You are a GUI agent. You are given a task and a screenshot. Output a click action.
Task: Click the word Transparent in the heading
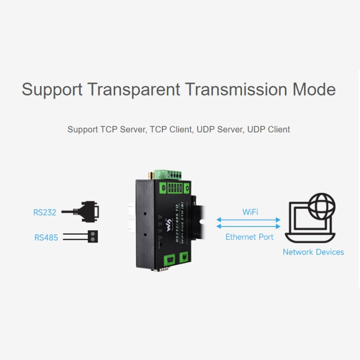click(x=134, y=90)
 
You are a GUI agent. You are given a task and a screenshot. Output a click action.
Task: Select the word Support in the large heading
click(x=51, y=90)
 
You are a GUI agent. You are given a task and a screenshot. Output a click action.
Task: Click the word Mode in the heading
click(x=312, y=90)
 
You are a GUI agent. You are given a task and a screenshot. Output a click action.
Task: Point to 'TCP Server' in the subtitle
click(x=122, y=129)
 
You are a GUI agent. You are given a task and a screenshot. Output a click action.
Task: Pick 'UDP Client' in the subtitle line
click(x=268, y=129)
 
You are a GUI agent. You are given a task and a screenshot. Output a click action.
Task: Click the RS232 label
click(x=45, y=212)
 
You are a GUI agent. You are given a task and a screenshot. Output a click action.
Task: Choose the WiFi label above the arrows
click(x=250, y=212)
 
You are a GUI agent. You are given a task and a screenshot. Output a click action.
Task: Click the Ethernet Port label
click(x=250, y=237)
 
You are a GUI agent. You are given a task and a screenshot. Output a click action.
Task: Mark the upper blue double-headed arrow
click(x=248, y=220)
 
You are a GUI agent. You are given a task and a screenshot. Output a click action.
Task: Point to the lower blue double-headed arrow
click(x=248, y=227)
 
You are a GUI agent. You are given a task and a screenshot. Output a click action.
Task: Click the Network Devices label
click(x=313, y=252)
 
